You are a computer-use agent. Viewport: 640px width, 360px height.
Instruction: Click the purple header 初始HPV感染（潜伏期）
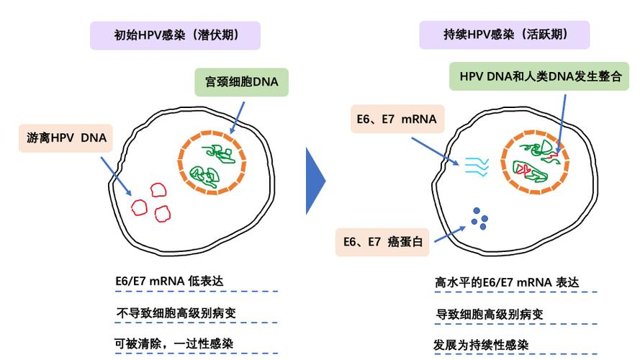175,35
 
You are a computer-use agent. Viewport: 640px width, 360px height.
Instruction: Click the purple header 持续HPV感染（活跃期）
505,35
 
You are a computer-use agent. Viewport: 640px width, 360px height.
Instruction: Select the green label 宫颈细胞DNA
241,81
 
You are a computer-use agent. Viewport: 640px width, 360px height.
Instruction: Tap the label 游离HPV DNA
66,138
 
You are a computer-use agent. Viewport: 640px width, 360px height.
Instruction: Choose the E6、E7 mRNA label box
396,119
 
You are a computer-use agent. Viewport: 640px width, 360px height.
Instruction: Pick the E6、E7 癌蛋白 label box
382,242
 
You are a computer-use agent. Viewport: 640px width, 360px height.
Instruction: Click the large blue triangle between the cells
315,181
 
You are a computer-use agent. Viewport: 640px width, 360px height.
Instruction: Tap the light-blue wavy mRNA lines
477,167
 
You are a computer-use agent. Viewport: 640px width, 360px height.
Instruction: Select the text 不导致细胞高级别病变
176,313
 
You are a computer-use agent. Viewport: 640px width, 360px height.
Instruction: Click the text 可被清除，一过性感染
174,343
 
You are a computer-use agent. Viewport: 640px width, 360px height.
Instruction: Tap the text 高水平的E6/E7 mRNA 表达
507,282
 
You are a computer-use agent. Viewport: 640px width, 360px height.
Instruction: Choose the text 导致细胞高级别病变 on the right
490,314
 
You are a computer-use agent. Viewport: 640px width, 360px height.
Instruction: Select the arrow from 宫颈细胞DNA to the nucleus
238,116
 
